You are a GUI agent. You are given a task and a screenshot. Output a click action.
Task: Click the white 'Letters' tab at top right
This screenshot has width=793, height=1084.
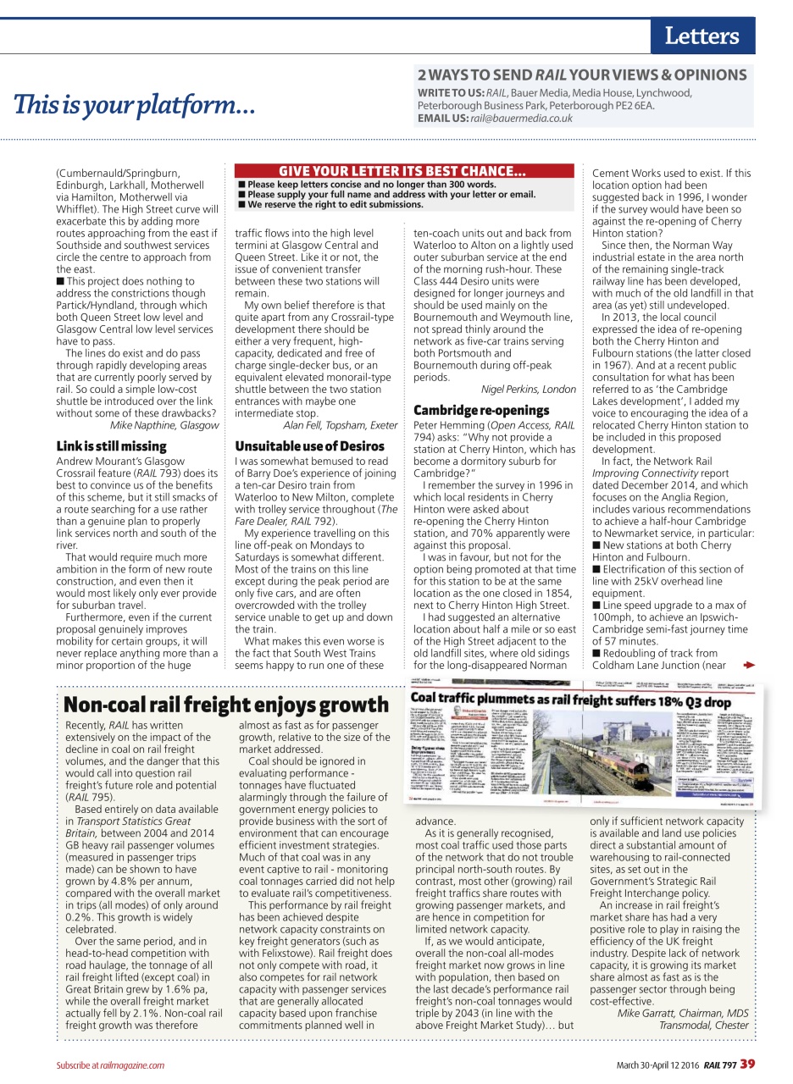click(x=701, y=36)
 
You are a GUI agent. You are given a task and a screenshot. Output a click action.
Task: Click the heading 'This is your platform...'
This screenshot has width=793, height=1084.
click(x=134, y=107)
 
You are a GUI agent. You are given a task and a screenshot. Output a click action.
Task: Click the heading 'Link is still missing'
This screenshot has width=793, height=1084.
click(x=111, y=445)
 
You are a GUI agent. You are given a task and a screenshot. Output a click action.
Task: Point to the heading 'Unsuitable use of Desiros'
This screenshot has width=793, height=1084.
click(x=309, y=445)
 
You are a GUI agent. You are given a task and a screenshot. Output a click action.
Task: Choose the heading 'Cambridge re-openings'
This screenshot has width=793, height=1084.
click(x=481, y=411)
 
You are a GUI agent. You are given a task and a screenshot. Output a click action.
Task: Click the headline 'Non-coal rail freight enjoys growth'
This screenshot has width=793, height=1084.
click(x=226, y=705)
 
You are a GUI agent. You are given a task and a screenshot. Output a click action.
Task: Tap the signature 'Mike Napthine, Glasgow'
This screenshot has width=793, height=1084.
click(x=164, y=425)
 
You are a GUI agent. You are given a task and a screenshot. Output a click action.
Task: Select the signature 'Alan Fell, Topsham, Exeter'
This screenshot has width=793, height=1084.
click(x=340, y=425)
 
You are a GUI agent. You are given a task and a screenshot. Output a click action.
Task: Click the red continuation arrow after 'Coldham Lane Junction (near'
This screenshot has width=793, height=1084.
click(x=748, y=665)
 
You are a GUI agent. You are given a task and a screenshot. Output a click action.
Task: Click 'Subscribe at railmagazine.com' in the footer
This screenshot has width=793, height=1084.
click(x=110, y=1065)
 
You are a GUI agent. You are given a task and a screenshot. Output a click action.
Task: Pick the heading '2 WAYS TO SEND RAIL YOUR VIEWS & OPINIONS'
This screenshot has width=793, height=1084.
click(x=581, y=75)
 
